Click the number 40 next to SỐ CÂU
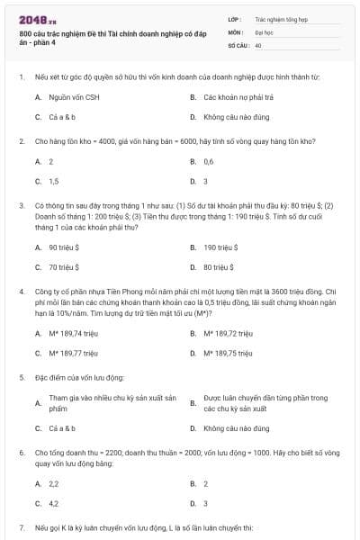[258, 44]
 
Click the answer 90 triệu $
[65, 247]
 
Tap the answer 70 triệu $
[65, 267]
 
